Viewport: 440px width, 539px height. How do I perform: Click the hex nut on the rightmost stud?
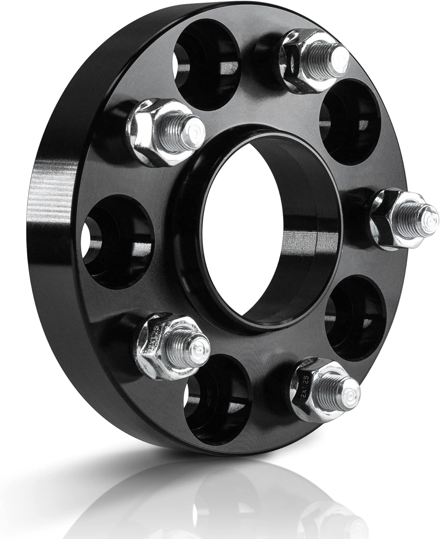click(386, 219)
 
